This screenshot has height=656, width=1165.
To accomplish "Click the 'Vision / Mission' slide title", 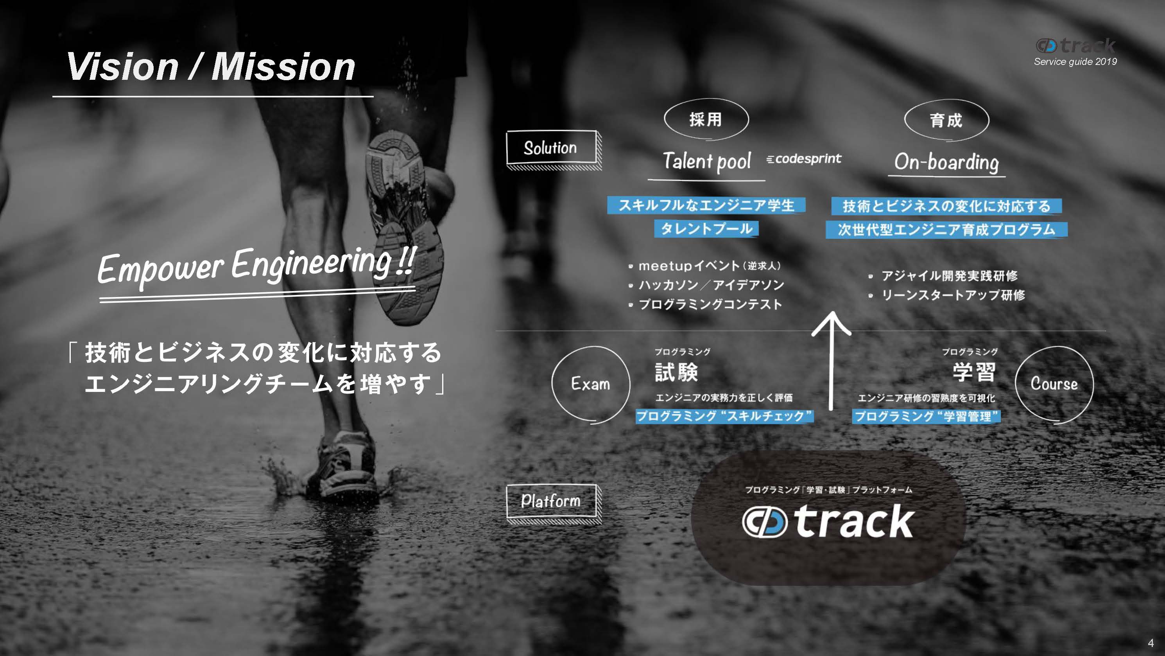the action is point(211,66).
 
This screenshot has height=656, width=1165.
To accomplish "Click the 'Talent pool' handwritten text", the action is point(707,162).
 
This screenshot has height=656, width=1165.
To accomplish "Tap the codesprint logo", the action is point(804,159).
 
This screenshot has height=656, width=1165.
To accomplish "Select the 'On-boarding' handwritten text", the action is point(946,162).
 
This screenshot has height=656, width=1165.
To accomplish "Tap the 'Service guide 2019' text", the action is point(1075,61).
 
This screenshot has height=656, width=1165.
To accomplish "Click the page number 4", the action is point(1151,643).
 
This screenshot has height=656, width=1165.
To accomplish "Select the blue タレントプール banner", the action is point(706,228).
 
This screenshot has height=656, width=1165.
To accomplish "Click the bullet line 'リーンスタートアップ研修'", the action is point(946,295).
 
